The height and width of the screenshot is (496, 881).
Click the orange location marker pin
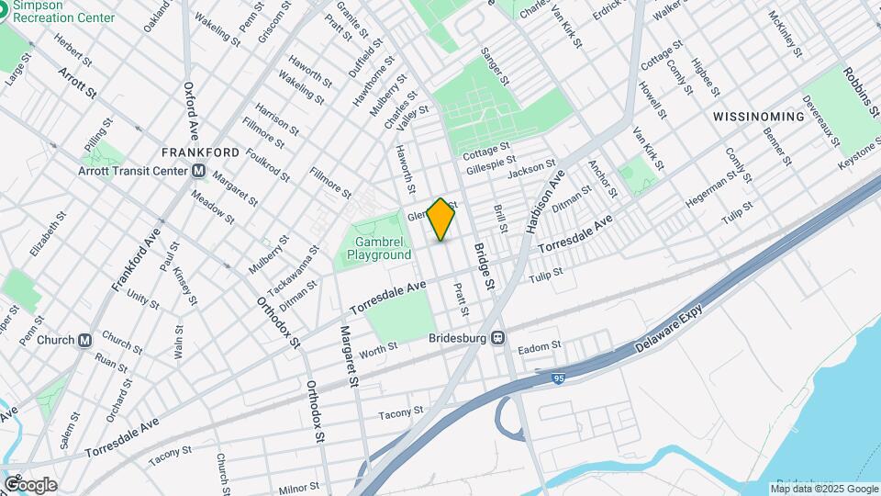(x=441, y=220)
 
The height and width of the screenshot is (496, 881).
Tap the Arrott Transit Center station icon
(x=199, y=170)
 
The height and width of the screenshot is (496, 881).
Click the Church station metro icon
(x=85, y=340)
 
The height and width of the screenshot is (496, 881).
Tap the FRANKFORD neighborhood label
(x=200, y=152)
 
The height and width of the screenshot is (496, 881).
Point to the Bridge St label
(x=484, y=264)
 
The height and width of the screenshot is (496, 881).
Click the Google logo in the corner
(x=29, y=485)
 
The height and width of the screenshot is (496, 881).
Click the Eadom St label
(x=539, y=347)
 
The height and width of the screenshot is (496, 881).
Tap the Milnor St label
(x=297, y=487)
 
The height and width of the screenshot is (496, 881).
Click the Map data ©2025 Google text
(x=823, y=488)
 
